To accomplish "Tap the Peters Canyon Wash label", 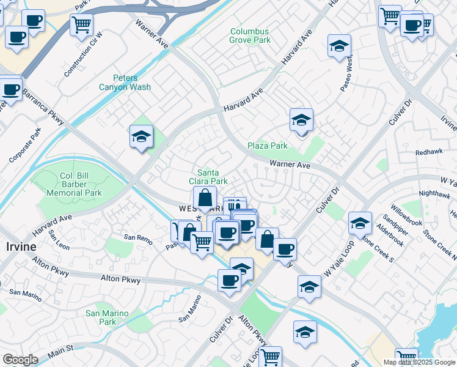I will pos(125,83).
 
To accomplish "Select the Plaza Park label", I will pos(268,146).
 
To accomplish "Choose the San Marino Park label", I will pos(107,317).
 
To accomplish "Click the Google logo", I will pos(20,359).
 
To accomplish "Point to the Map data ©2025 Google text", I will pos(419,362).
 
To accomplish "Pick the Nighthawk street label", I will pos(434,194).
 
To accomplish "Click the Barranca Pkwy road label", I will pos(43,105).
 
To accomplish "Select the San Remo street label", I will pos(137,237).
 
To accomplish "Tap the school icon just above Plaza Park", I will pos(301,120).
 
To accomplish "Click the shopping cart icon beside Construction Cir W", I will pos(81,25).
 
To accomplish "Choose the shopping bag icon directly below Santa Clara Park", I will pos(205,198).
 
